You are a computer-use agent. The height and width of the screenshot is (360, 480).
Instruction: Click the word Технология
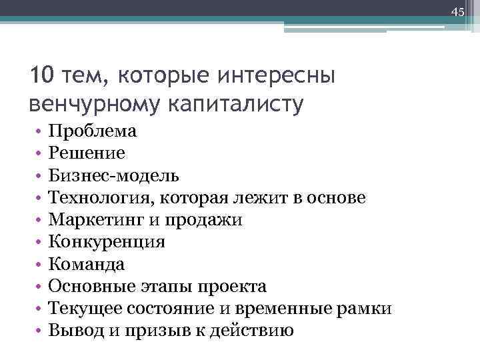[x=101, y=198]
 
